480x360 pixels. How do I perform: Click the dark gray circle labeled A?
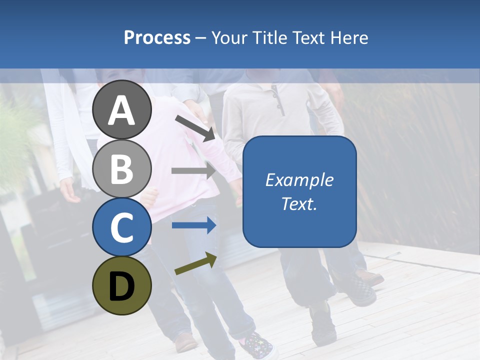[x=121, y=109]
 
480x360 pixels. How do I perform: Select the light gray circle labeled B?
[x=121, y=168]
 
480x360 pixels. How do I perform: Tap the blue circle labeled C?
[x=121, y=227]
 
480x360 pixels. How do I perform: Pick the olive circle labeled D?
[x=121, y=285]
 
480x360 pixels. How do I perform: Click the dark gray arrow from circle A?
[x=195, y=127]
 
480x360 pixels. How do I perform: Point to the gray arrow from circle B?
[x=193, y=170]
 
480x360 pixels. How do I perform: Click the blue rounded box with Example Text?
[x=299, y=191]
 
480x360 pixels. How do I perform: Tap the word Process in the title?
[x=157, y=38]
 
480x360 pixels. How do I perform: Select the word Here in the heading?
[x=350, y=38]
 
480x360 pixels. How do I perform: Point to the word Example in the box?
[x=299, y=180]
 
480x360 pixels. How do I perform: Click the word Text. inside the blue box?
[x=299, y=204]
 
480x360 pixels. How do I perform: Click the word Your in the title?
[x=229, y=38]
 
